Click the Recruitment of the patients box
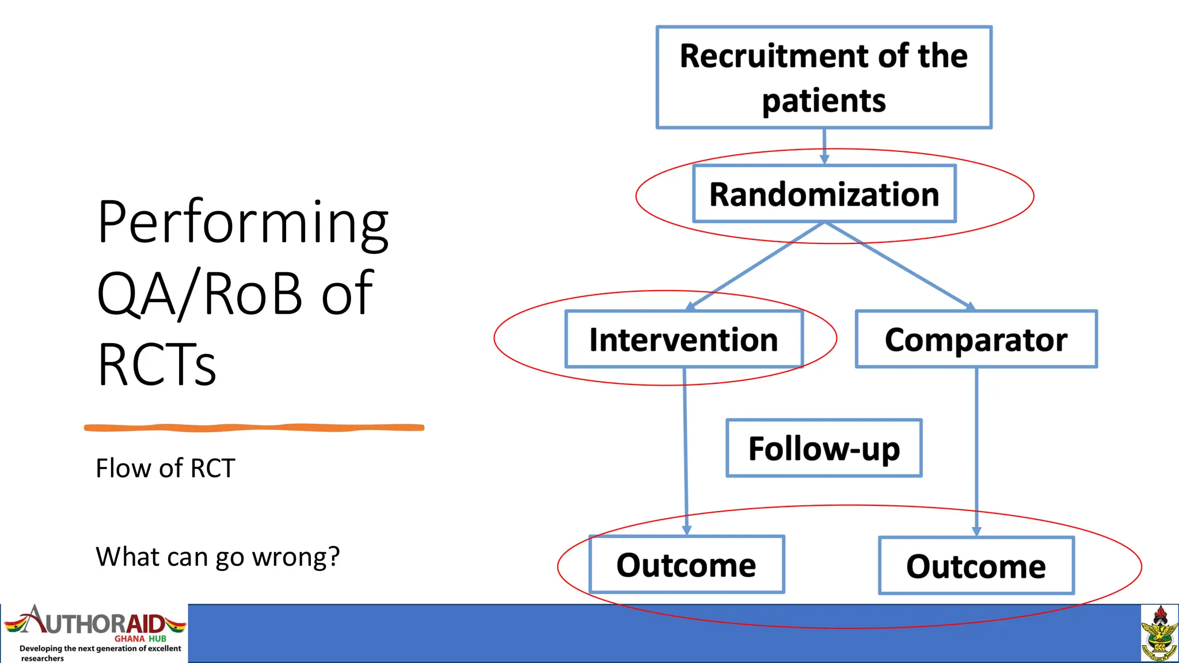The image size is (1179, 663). click(x=824, y=77)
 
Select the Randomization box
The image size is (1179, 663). click(x=824, y=194)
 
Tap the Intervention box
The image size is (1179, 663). click(x=683, y=339)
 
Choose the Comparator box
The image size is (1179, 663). click(x=976, y=339)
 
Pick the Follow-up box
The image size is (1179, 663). click(x=824, y=448)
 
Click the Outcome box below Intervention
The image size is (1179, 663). click(x=686, y=565)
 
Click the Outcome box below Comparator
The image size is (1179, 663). click(x=976, y=566)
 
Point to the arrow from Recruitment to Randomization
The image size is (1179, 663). click(x=824, y=145)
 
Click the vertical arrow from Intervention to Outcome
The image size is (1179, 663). click(x=685, y=449)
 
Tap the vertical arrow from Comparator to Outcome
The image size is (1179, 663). click(x=976, y=449)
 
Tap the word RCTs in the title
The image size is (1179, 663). click(x=157, y=364)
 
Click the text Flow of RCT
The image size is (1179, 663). click(x=165, y=468)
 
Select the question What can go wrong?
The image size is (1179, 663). click(x=218, y=557)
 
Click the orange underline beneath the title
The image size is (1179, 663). click(x=254, y=428)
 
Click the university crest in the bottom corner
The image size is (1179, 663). click(x=1159, y=633)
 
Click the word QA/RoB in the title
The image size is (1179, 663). click(x=199, y=294)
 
